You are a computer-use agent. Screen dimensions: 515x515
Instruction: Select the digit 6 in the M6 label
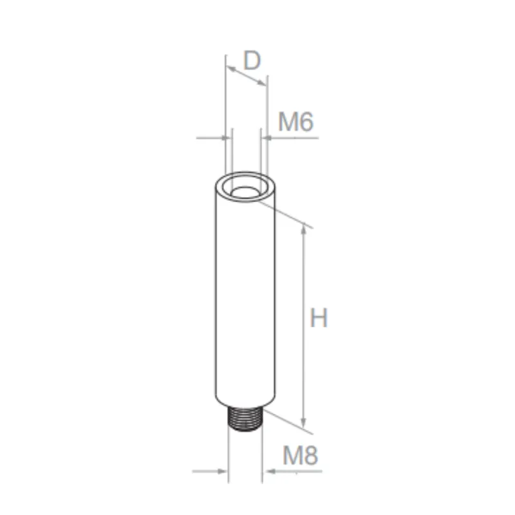click(305, 122)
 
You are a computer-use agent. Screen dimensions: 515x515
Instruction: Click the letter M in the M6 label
click(287, 122)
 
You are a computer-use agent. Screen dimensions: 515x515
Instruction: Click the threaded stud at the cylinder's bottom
click(245, 419)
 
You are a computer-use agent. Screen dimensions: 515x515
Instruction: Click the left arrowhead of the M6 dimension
click(225, 136)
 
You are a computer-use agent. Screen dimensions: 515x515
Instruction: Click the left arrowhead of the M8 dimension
click(225, 472)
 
